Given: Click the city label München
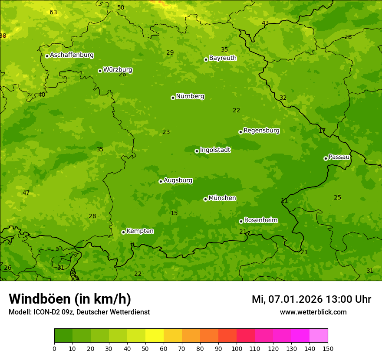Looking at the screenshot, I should pyautogui.click(x=222, y=198).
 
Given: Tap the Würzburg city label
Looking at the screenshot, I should pyautogui.click(x=118, y=70).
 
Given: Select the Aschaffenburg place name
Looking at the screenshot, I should pyautogui.click(x=72, y=55).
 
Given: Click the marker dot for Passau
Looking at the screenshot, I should pyautogui.click(x=326, y=158).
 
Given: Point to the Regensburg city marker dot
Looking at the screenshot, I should pyautogui.click(x=240, y=132).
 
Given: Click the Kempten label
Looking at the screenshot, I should pyautogui.click(x=140, y=231).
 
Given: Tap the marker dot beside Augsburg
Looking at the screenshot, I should pyautogui.click(x=161, y=181).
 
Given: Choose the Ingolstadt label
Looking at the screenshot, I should pyautogui.click(x=215, y=150).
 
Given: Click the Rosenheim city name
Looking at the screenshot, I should pyautogui.click(x=260, y=220).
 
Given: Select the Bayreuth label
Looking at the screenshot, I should pyautogui.click(x=223, y=58).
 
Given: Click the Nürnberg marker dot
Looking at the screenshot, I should pyautogui.click(x=173, y=98).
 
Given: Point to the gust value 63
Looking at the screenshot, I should pyautogui.click(x=53, y=12).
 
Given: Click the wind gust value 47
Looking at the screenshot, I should pyautogui.click(x=26, y=193).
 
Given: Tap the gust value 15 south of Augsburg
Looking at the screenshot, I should pyautogui.click(x=174, y=213).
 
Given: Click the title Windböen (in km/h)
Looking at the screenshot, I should pyautogui.click(x=70, y=299).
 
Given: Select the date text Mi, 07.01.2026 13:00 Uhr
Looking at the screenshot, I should pyautogui.click(x=311, y=299).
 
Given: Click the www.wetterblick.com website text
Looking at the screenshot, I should pyautogui.click(x=313, y=312).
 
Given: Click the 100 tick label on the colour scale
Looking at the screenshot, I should pyautogui.click(x=237, y=348).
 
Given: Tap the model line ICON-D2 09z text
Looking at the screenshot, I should pyautogui.click(x=79, y=312).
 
